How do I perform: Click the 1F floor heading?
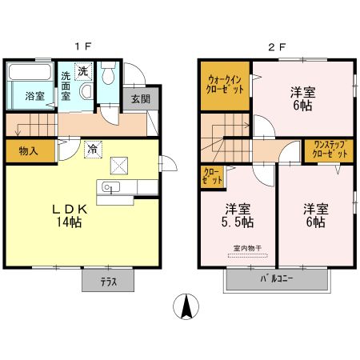(x=83, y=47)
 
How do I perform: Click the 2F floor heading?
(x=277, y=47)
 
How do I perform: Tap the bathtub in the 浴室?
(x=30, y=71)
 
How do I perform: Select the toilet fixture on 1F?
(x=108, y=72)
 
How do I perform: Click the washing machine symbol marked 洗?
(x=83, y=71)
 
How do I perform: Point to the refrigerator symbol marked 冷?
(x=93, y=149)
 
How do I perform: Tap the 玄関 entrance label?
(x=141, y=99)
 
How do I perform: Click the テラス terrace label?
(x=108, y=282)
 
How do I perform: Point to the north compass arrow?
(x=186, y=306)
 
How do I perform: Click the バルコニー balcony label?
(x=277, y=279)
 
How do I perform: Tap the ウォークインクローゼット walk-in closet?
(x=225, y=86)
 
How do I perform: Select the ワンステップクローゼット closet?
(x=330, y=150)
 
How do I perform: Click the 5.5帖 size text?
(x=238, y=222)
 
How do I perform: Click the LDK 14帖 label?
(x=70, y=215)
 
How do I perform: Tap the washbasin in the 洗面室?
(x=86, y=90)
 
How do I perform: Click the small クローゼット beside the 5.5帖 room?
(x=212, y=176)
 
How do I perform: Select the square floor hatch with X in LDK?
(x=119, y=166)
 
